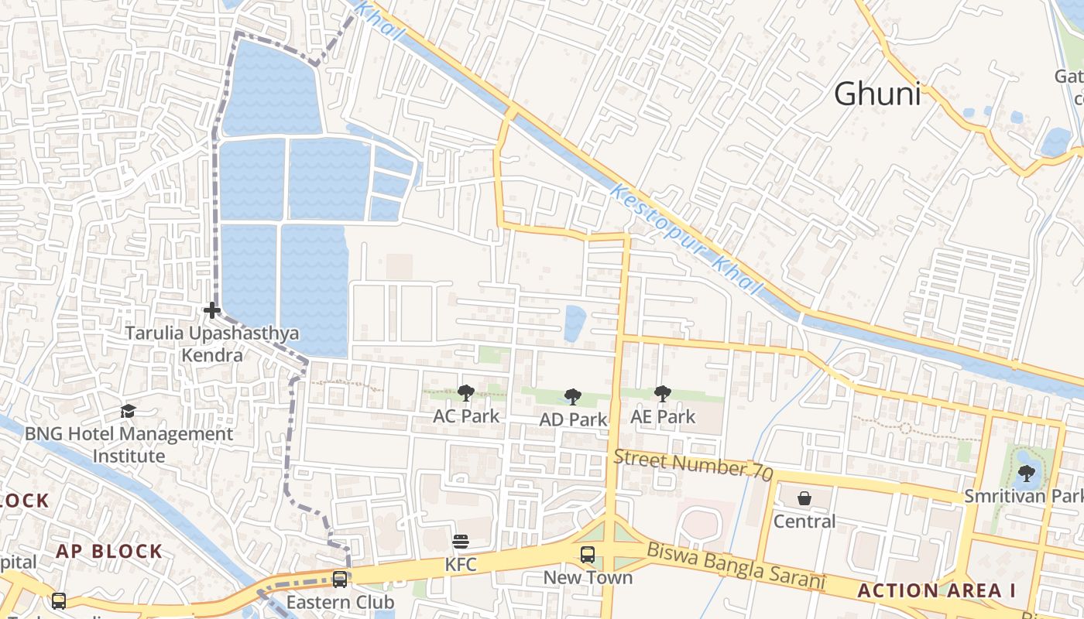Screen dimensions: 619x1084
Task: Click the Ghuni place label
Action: pos(877,94)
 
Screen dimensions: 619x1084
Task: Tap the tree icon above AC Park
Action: pos(465,393)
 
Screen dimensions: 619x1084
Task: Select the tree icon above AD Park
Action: pos(572,397)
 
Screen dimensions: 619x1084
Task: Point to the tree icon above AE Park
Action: pos(662,394)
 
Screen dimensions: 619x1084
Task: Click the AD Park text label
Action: pos(574,419)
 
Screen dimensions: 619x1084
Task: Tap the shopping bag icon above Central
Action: pos(804,498)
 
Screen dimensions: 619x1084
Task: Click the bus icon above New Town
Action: pos(588,554)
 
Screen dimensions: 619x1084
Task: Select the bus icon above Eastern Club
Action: pos(339,579)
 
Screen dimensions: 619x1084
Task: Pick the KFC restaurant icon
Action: pos(461,541)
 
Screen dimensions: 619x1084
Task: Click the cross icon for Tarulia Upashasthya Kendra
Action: pos(211,310)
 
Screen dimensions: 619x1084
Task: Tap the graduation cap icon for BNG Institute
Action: pos(128,411)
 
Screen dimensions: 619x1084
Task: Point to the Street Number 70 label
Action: pos(693,463)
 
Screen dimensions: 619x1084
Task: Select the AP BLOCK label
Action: pos(108,551)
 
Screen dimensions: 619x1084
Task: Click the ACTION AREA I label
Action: pos(936,590)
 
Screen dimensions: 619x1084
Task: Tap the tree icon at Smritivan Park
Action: pos(1026,473)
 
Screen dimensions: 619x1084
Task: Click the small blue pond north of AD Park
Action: pos(575,322)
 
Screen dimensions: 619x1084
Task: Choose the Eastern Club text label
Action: pos(340,602)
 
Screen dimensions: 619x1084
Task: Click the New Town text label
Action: pos(588,577)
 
